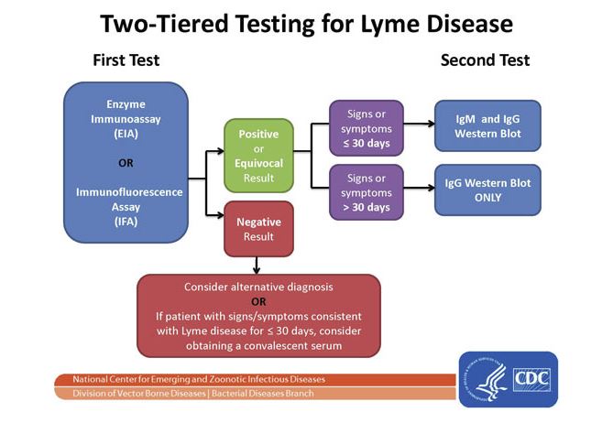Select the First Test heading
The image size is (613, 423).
click(126, 60)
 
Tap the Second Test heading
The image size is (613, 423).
click(485, 60)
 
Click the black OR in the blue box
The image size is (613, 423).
click(126, 163)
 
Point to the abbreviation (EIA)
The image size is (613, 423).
click(126, 134)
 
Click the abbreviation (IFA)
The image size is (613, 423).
click(126, 222)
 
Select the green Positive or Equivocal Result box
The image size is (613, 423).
click(258, 156)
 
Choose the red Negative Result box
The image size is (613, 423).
click(258, 229)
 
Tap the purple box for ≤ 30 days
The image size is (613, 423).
click(367, 128)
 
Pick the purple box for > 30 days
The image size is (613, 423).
click(367, 192)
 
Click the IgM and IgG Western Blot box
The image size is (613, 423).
click(487, 125)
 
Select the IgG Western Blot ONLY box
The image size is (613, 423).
click(487, 190)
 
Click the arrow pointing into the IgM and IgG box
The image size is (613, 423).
click(419, 124)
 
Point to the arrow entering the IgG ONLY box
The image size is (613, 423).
click(419, 188)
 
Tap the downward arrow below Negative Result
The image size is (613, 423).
click(257, 266)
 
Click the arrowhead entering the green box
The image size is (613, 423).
click(221, 151)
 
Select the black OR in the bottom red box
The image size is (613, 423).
click(258, 301)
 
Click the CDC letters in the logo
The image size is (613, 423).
click(531, 379)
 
